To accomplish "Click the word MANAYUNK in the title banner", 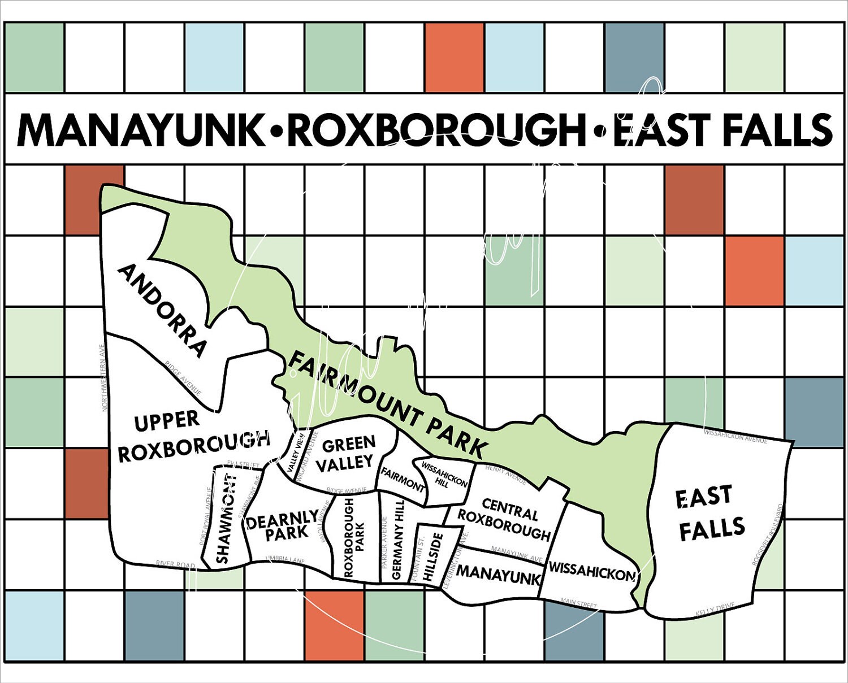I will pyautogui.click(x=140, y=130).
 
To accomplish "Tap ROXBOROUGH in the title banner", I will pyautogui.click(x=435, y=130).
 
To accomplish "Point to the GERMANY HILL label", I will pyautogui.click(x=397, y=539).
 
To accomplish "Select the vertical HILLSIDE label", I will pyautogui.click(x=432, y=557).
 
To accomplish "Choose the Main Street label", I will pyautogui.click(x=578, y=603).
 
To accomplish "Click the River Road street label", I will pyautogui.click(x=175, y=565).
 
